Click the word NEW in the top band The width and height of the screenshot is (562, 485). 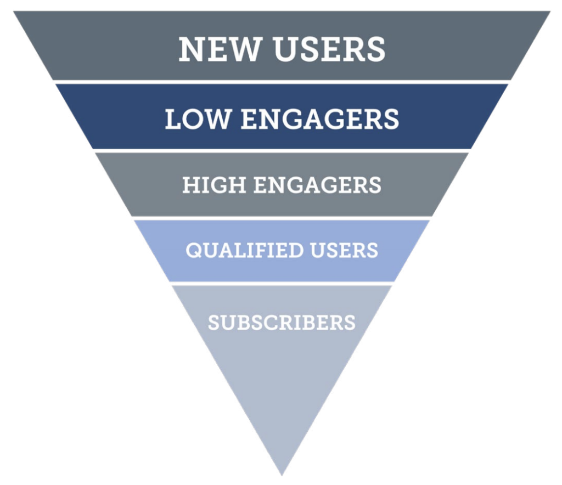point(218,49)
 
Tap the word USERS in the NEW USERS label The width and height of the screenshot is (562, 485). point(330,49)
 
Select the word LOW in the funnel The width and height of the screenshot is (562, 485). point(197,119)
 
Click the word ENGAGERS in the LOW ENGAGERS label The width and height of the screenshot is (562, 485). point(320,119)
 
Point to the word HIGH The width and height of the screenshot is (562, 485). point(214,185)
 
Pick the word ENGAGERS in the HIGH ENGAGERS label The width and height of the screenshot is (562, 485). point(318,185)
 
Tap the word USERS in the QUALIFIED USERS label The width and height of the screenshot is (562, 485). point(345,250)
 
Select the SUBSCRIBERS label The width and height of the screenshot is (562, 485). point(282,323)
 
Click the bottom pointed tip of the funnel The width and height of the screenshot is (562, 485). point(282,475)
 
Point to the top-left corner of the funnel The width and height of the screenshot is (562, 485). point(14,11)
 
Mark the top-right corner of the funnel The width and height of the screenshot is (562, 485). point(550,11)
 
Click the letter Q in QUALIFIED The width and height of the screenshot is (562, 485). point(194,250)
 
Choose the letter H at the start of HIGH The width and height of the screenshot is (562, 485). point(190,185)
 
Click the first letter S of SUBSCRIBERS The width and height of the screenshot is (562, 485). point(214,323)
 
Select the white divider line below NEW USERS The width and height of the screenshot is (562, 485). point(282,82)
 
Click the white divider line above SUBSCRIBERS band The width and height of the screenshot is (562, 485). point(282,283)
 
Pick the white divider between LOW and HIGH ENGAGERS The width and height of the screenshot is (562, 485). point(282,151)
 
